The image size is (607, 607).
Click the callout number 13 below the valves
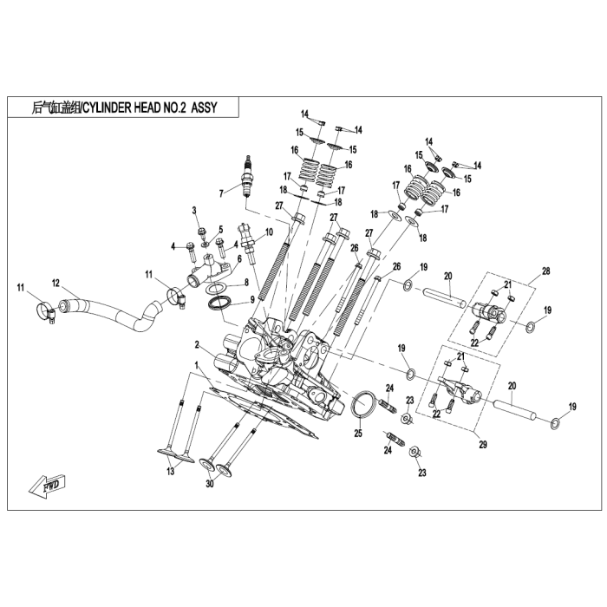171,471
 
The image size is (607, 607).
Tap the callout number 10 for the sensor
270,232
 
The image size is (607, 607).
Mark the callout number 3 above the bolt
195,210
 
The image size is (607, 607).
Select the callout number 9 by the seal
252,298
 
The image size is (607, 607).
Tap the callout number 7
221,193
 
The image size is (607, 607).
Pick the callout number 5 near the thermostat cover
220,230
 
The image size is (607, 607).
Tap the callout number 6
238,258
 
